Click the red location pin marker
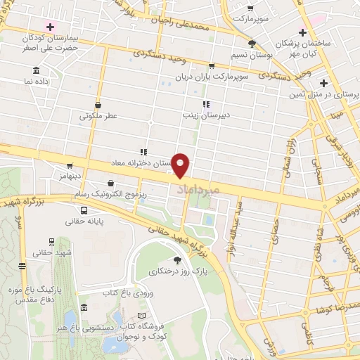(x=181, y=166)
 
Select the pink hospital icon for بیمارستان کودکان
(x=49, y=26)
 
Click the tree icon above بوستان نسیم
(x=252, y=44)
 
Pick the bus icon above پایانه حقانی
(x=84, y=210)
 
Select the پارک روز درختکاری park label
(x=176, y=270)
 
